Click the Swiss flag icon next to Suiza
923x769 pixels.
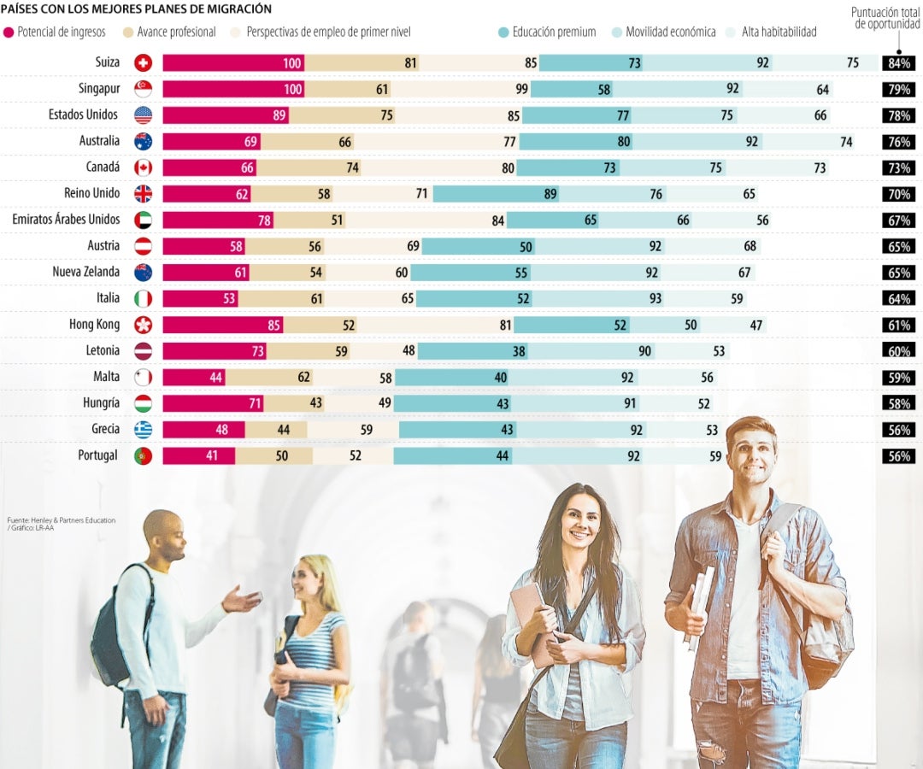click(143, 62)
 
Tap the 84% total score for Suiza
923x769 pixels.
click(900, 63)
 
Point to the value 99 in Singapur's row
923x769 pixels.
click(521, 90)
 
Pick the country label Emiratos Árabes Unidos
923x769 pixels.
click(66, 220)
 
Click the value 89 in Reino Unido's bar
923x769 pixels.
click(550, 194)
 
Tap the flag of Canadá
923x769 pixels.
click(143, 167)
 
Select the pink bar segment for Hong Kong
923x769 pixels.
click(222, 325)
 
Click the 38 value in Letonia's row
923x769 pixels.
click(519, 351)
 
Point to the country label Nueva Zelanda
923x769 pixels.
click(86, 272)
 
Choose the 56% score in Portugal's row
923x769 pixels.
click(900, 456)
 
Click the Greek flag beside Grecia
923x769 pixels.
click(143, 430)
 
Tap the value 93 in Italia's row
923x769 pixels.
click(656, 298)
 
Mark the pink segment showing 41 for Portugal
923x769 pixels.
click(198, 455)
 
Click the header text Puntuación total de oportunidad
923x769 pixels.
click(886, 18)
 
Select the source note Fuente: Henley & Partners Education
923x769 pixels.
click(61, 520)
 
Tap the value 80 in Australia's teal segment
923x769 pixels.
click(624, 142)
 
